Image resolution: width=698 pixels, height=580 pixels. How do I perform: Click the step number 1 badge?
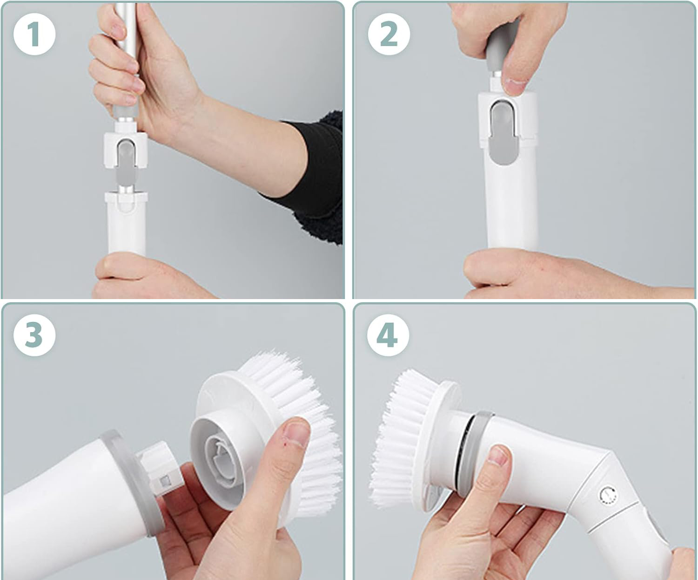click(x=34, y=34)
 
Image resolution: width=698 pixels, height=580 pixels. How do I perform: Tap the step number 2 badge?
click(x=389, y=34)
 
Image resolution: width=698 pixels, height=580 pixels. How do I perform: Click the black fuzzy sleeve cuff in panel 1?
click(x=317, y=177)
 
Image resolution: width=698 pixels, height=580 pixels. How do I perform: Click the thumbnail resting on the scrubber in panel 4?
click(x=499, y=456)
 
